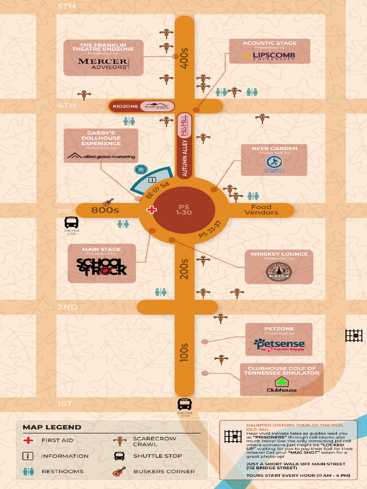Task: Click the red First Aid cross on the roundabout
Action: (151, 210)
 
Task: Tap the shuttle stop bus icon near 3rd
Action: (72, 222)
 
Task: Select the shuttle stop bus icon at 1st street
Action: (184, 404)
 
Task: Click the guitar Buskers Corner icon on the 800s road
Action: (108, 202)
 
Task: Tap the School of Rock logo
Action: (102, 266)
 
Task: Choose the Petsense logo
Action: (279, 344)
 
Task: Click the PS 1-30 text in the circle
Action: (184, 210)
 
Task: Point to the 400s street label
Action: (184, 59)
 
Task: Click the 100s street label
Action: (184, 352)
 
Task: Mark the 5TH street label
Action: (66, 6)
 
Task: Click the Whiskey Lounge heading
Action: (279, 254)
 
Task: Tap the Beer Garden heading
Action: (274, 149)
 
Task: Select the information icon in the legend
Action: (28, 456)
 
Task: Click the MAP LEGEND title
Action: (52, 427)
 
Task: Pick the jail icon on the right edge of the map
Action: (354, 336)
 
